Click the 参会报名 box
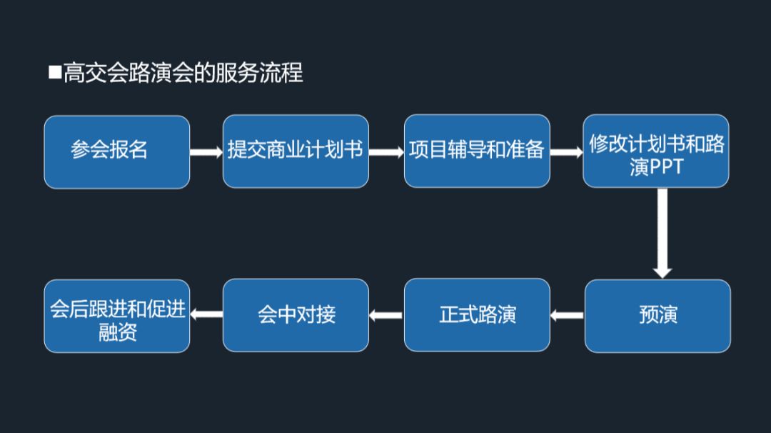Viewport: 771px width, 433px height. tap(116, 151)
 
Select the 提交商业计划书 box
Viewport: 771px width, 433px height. tap(296, 151)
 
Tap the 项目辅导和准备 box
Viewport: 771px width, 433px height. tap(477, 151)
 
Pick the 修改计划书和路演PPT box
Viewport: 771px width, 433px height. tap(656, 151)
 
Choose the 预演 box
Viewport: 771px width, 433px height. tap(657, 316)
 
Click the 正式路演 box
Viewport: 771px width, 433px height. tap(477, 315)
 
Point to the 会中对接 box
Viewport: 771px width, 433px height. tap(296, 315)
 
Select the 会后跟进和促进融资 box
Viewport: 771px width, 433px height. tap(116, 316)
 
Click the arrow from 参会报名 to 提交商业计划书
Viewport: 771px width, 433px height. tap(206, 151)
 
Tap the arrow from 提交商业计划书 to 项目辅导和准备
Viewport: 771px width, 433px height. tap(386, 151)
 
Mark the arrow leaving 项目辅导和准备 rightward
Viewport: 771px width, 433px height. tap(567, 151)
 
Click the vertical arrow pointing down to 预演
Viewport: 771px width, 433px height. tap(662, 232)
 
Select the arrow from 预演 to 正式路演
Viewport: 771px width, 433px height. tap(568, 314)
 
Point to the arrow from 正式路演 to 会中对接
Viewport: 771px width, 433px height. tap(386, 314)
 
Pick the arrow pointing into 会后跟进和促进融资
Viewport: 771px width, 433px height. tap(206, 314)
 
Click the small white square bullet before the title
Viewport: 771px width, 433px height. tap(55, 71)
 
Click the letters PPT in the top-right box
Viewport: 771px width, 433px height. tap(666, 167)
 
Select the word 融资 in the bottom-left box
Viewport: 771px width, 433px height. tap(118, 332)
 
